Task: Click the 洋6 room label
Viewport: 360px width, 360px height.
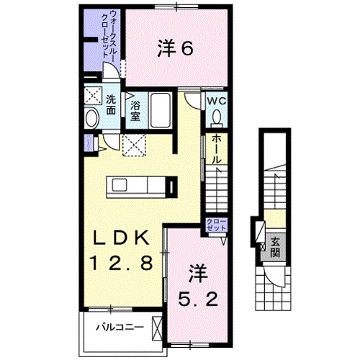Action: pos(174,49)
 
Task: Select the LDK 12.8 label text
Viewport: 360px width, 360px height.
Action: pos(121,250)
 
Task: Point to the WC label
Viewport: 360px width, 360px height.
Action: pos(217,102)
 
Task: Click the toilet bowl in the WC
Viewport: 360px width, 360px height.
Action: pos(216,118)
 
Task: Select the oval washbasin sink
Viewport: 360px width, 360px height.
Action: pos(92,119)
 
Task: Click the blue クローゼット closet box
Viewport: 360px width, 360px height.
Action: pos(216,224)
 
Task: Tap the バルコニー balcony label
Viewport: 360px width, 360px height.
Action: pos(121,326)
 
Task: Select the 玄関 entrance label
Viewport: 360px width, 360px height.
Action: pos(275,248)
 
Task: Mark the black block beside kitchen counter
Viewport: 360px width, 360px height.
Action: pos(171,188)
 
